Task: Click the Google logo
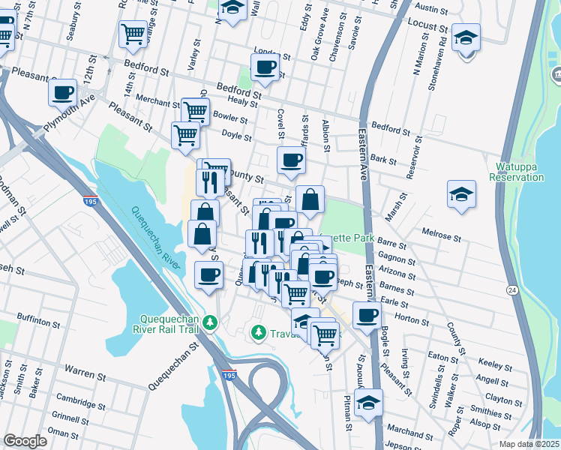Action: tap(25, 441)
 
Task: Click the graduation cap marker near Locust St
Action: tap(466, 37)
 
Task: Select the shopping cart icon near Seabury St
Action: tap(133, 33)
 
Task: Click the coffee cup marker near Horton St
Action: tap(367, 315)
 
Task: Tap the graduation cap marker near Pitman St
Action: tap(368, 403)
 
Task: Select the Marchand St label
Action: tap(409, 432)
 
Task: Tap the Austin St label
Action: tap(430, 8)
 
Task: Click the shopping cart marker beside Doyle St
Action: tap(185, 136)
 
